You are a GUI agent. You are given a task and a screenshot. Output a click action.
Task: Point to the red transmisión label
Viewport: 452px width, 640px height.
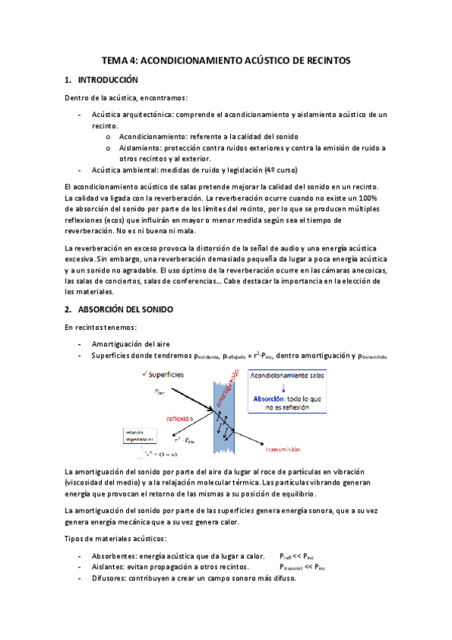click(x=291, y=449)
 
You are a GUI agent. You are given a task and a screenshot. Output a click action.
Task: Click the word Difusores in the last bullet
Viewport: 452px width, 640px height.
click(x=112, y=578)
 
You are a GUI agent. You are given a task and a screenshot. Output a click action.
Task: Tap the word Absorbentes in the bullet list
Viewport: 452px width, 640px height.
click(x=115, y=554)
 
